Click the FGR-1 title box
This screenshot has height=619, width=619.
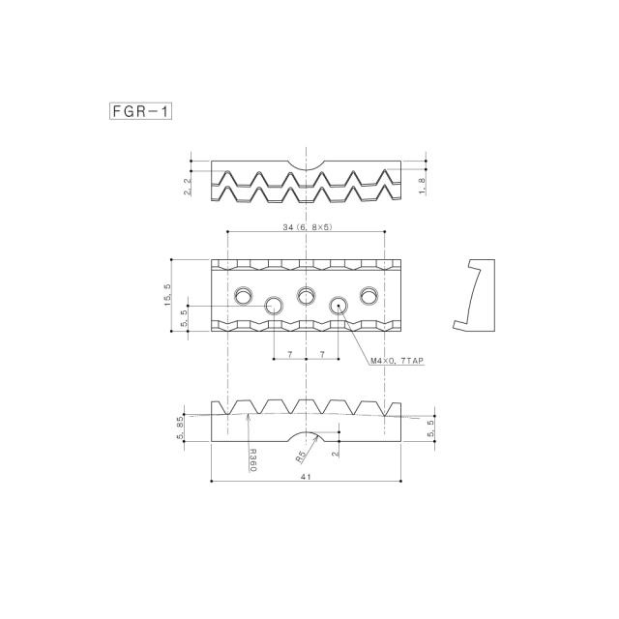(140, 111)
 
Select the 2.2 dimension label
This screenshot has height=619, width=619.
(188, 186)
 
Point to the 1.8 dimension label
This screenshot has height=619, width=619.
(422, 186)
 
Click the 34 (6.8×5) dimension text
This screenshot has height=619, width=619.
(308, 227)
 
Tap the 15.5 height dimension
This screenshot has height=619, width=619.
(167, 295)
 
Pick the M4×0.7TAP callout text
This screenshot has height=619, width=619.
(398, 361)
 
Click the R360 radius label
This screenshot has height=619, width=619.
(253, 459)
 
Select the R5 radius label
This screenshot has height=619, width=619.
(301, 457)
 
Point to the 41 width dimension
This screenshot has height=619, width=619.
(306, 477)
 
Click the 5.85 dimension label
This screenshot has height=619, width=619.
(181, 427)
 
